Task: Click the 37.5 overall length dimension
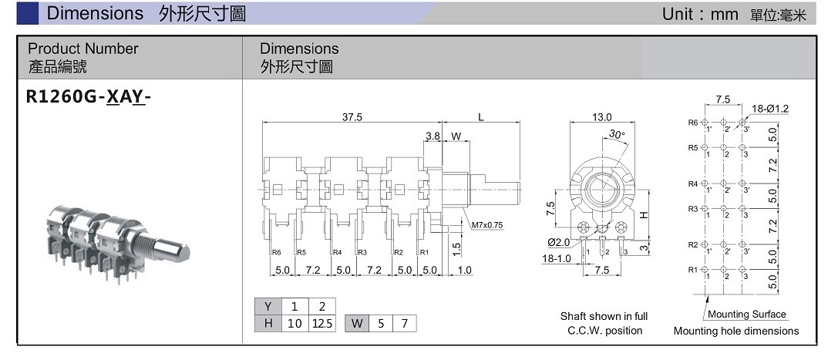pos(352,116)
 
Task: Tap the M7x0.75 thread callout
pos(486,225)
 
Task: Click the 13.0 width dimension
pos(601,116)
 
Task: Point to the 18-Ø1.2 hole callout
pos(770,109)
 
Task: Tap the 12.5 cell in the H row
pos(321,324)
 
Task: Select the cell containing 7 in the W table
pos(404,324)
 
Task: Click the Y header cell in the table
pos(268,306)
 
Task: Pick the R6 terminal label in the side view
pos(275,252)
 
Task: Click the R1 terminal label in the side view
pos(423,252)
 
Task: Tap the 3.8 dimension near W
pos(432,136)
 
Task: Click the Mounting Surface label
pos(746,315)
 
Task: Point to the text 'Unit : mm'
pos(699,14)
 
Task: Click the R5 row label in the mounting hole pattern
pos(692,147)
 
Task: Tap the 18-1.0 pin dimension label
pos(556,259)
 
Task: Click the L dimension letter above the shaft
pos(480,116)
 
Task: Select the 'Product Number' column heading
pos(83,49)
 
